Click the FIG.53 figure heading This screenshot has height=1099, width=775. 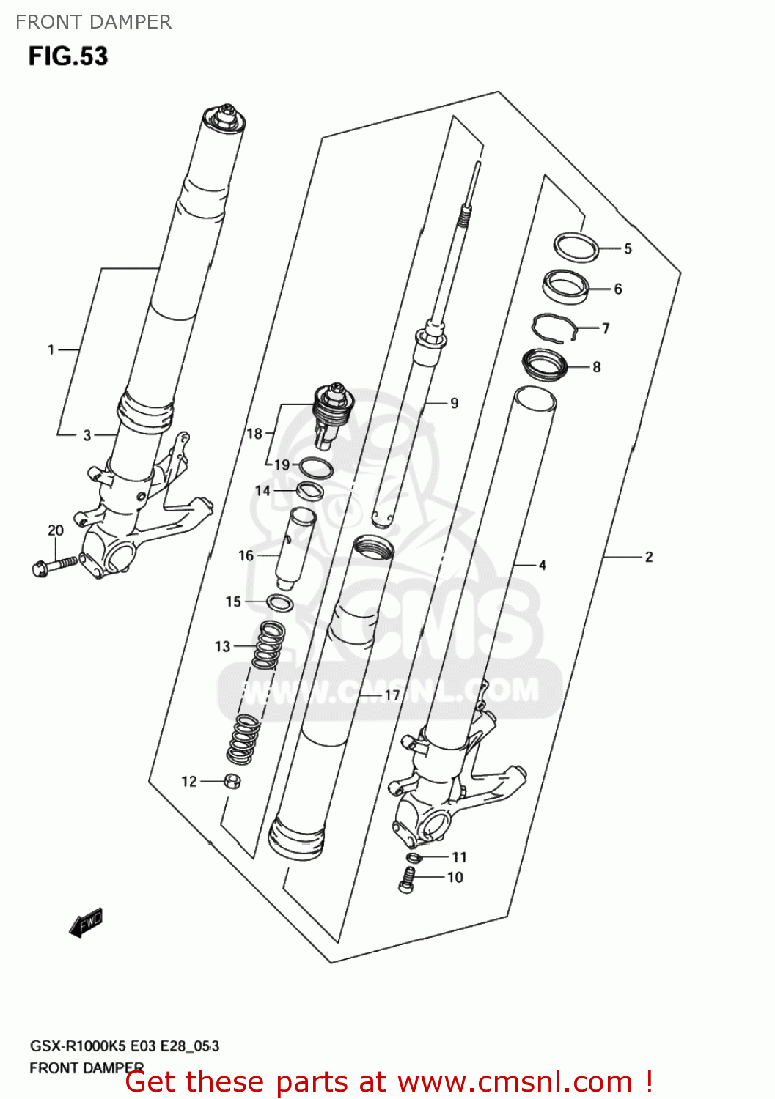pyautogui.click(x=68, y=56)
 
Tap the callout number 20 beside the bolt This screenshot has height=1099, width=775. pyautogui.click(x=56, y=530)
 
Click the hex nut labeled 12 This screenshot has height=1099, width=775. pyautogui.click(x=232, y=781)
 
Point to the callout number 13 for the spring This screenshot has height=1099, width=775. pyautogui.click(x=222, y=646)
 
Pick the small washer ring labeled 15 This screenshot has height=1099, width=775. pyautogui.click(x=279, y=603)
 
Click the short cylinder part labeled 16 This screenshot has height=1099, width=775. pyautogui.click(x=295, y=548)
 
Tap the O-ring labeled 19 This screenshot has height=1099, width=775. pyautogui.click(x=317, y=466)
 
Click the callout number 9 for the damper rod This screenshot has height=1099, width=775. pyautogui.click(x=455, y=403)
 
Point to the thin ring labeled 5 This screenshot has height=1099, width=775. pyautogui.click(x=576, y=246)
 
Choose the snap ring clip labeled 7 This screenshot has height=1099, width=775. pyautogui.click(x=555, y=327)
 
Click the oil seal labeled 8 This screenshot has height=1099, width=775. pyautogui.click(x=545, y=364)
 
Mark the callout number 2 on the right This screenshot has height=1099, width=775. pyautogui.click(x=649, y=557)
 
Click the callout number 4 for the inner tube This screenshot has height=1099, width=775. pyautogui.click(x=543, y=565)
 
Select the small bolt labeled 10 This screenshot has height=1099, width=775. pyautogui.click(x=408, y=878)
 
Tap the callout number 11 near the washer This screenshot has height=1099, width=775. pyautogui.click(x=459, y=856)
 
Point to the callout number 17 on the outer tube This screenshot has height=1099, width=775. pyautogui.click(x=392, y=695)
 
